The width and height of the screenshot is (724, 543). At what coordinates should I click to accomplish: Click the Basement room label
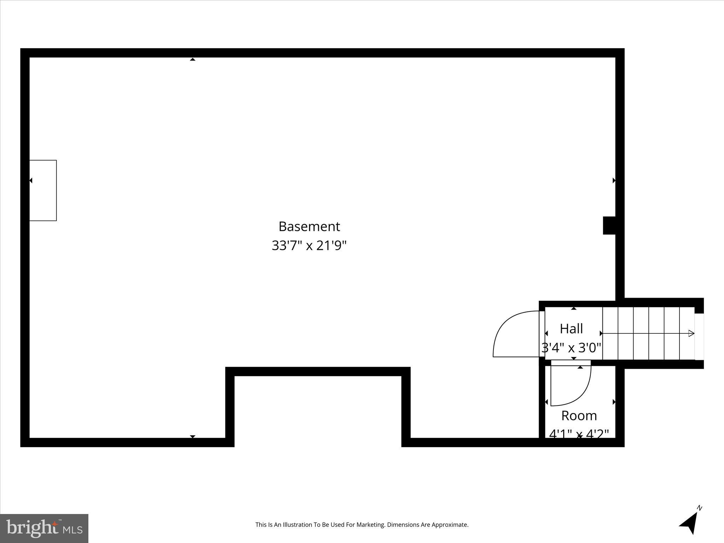tap(309, 227)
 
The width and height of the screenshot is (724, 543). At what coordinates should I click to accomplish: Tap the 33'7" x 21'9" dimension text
tap(309, 245)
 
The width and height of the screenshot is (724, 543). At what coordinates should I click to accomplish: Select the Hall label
tap(571, 329)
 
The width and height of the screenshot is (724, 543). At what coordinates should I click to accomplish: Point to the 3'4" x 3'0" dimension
tap(571, 348)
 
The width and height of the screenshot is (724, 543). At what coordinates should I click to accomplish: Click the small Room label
tap(579, 415)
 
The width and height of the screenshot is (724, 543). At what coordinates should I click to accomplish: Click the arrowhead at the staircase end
tap(691, 333)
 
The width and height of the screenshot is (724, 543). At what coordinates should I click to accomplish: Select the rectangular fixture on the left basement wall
tap(43, 190)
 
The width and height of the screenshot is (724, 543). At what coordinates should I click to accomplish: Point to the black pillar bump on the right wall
tap(609, 225)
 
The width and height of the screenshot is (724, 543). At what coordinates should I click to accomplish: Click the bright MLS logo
tap(44, 528)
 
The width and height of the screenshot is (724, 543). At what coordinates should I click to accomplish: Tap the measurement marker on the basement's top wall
tap(192, 59)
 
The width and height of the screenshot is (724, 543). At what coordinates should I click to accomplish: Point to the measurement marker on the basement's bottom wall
tap(192, 437)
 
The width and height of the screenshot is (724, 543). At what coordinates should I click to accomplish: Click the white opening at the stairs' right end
tap(699, 337)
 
